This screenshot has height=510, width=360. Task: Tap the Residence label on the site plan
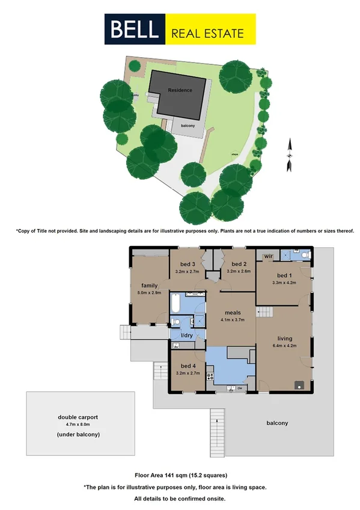180,90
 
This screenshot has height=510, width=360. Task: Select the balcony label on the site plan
188,125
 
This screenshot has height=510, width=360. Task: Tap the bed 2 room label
239,264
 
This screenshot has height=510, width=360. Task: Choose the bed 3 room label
188,264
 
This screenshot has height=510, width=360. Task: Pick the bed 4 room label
188,366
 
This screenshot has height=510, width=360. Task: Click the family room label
149,285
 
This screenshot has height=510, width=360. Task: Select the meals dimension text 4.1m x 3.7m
231,320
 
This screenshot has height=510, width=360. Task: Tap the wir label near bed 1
269,256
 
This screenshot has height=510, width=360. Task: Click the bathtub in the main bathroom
175,305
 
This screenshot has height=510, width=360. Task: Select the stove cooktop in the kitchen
210,377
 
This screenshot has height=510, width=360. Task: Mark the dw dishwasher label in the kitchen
239,389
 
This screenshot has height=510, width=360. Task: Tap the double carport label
78,416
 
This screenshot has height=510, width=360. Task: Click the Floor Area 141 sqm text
180,475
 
